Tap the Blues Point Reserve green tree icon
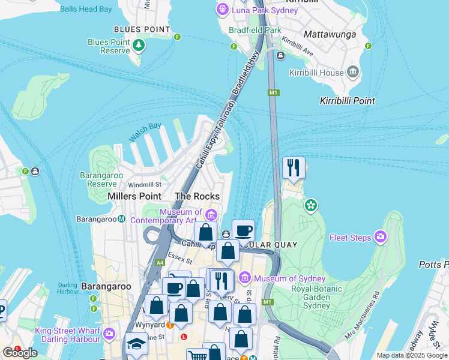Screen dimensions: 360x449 pos(139,46)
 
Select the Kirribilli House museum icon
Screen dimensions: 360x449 pos(353,73)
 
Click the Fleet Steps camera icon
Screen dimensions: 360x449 pos(380,238)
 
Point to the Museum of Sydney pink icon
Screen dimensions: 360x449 pos(244,278)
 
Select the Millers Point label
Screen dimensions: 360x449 pos(134,196)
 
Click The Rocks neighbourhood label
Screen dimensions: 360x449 pos(197,196)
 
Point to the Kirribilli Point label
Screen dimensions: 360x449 pos(348,101)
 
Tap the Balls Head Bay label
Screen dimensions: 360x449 pos(86,9)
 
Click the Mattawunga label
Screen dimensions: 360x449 pos(330,34)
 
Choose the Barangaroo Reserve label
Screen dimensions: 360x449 pos(98,179)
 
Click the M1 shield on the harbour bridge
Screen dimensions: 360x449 pos(274,92)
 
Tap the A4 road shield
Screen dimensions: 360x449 pos(160,262)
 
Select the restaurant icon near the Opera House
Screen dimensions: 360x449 pos(294,167)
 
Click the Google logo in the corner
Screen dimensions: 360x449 pos(20,353)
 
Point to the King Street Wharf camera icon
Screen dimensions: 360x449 pos(109,334)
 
